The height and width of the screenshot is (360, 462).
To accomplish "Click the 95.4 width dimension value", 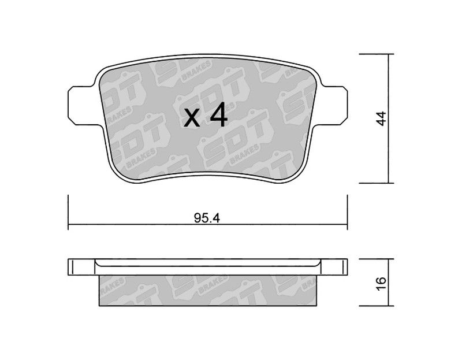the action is point(207,218).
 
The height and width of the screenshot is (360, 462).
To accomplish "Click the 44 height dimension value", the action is point(382,118).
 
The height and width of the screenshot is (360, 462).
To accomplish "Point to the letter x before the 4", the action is point(192,118).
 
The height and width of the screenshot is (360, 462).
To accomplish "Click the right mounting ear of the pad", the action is point(334,106).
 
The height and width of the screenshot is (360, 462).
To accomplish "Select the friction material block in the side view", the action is point(208,291).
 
